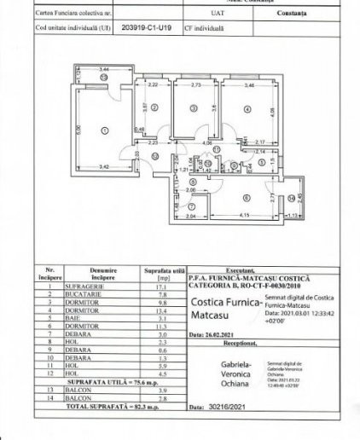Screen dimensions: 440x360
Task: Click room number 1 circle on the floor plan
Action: (105, 130)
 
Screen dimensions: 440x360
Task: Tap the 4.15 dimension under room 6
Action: (243, 214)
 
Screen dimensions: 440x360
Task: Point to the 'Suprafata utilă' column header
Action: (160, 274)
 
